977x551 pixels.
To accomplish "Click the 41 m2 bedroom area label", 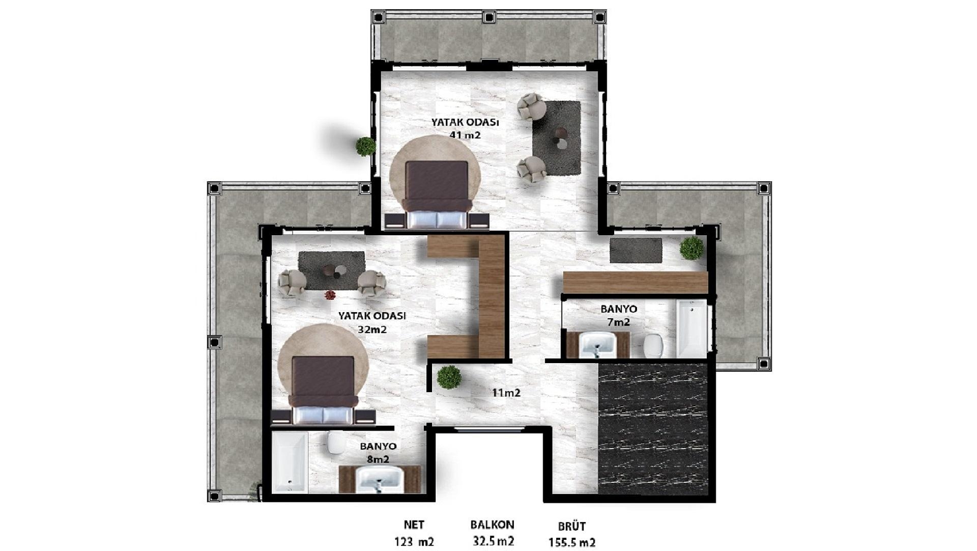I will coord(465,135).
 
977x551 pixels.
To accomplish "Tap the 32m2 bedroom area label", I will coord(372,329).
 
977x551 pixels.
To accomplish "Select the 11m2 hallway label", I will coord(506,393).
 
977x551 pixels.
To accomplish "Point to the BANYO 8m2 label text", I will coord(378,453).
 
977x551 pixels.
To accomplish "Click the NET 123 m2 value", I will coord(414,541).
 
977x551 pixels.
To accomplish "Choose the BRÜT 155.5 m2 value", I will coord(571,542).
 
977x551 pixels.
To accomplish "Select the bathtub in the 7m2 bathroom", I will coord(692,328).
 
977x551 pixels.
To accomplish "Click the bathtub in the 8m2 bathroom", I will coord(290,462).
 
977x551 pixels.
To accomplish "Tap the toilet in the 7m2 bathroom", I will coord(652,346).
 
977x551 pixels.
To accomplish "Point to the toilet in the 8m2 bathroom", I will coord(336,443).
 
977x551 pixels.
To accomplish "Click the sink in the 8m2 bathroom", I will coord(380,480).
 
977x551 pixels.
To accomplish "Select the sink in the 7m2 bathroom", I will coord(598,344).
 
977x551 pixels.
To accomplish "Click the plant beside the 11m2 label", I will coord(449,377).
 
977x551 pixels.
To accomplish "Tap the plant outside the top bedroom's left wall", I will coord(365,146).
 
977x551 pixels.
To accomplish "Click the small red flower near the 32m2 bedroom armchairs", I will coord(330,295).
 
